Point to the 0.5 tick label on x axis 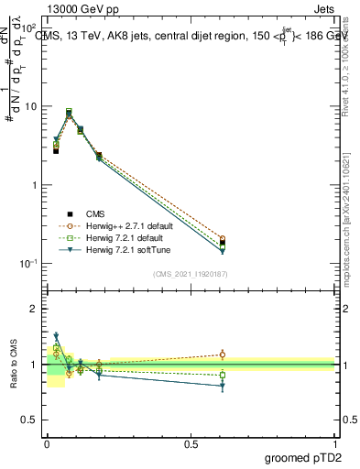point(191,443)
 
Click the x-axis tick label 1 point(335,443)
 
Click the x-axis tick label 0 point(47,443)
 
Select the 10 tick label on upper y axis point(31,106)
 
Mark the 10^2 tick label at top point(29,28)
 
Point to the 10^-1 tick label point(29,264)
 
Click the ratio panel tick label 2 point(35,309)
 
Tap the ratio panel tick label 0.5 point(30,420)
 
